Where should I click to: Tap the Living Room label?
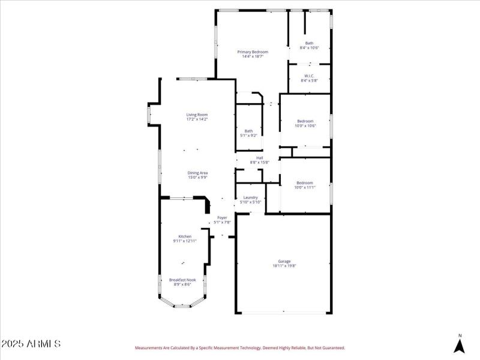pos(197,115)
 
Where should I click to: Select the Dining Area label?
pos(197,173)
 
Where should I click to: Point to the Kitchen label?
pos(184,236)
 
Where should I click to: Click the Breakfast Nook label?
pos(182,280)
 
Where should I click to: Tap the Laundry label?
pos(250,197)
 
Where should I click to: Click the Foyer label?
pos(222,217)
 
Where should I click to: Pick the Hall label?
pos(259,158)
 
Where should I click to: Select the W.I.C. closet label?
pos(309,76)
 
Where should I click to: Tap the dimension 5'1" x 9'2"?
pos(248,136)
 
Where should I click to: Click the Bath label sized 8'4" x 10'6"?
pos(309,43)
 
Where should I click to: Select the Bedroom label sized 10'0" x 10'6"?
pos(305,121)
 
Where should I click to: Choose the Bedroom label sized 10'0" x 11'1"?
pos(304,183)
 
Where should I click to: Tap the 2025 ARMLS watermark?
pos(31,344)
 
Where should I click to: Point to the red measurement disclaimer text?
pos(239,347)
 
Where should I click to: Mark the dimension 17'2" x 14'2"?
pos(197,119)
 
